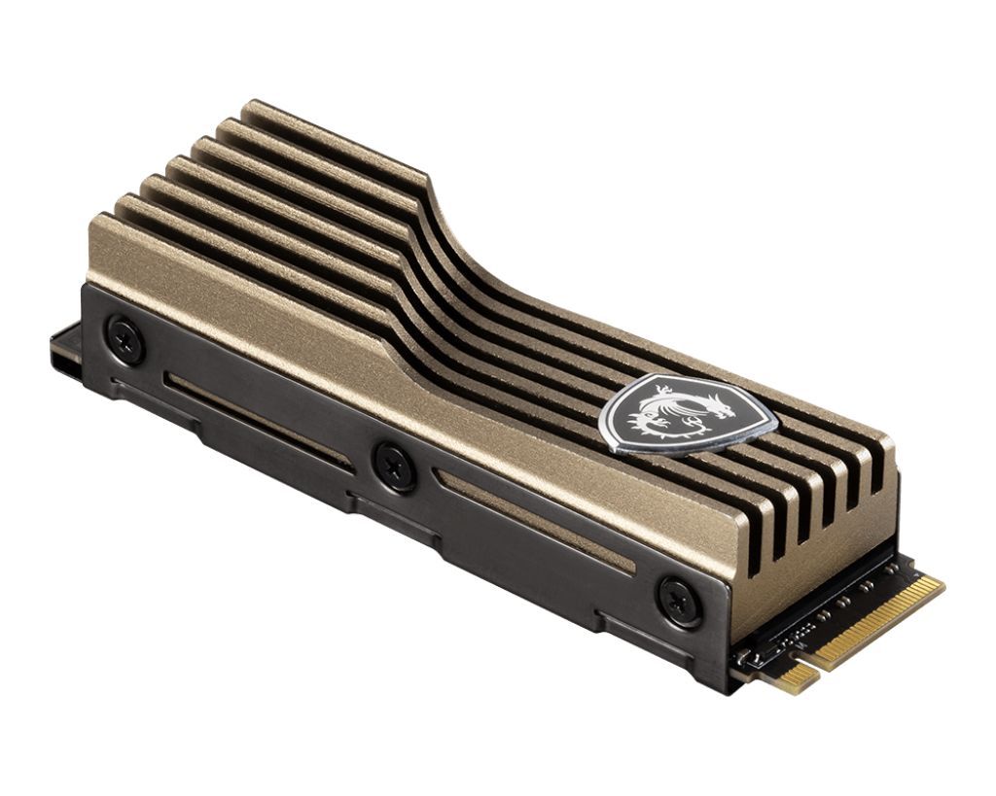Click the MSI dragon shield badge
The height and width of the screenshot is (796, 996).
click(x=687, y=414)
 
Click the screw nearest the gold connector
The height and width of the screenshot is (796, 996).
click(x=679, y=600)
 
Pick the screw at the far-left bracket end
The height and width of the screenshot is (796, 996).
click(x=125, y=339)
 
